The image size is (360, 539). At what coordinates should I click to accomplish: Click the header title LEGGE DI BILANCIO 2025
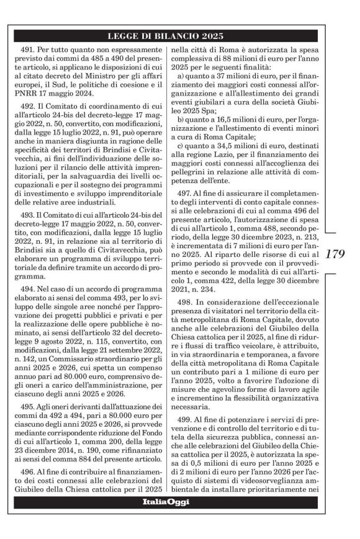pyautogui.click(x=180, y=35)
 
